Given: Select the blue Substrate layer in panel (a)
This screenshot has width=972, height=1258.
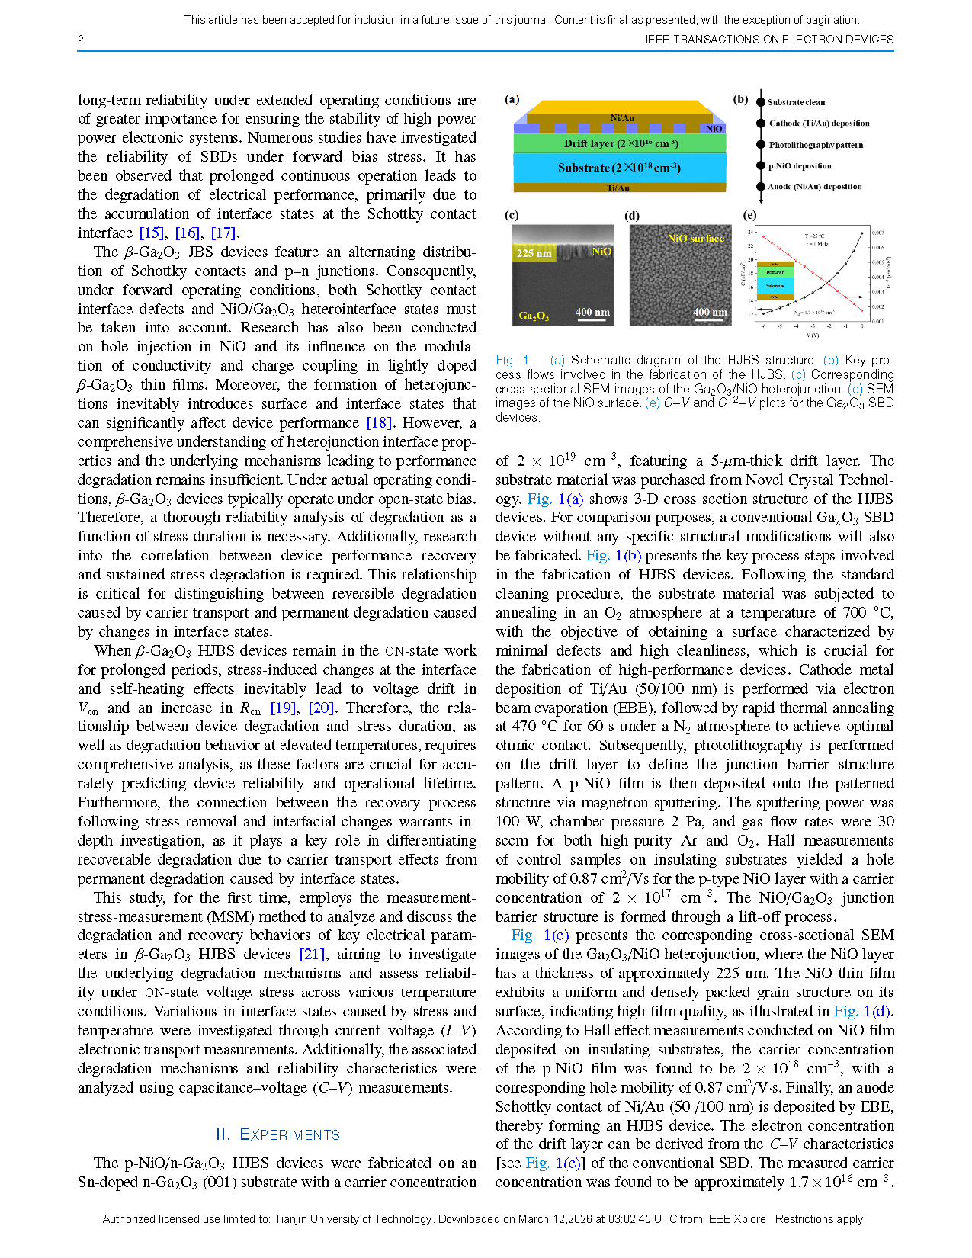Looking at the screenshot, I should (619, 168).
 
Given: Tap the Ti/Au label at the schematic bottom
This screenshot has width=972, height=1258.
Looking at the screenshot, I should (618, 188).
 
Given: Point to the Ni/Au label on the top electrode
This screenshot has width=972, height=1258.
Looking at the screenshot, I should (622, 118).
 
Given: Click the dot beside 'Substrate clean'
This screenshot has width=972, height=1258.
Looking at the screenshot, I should (760, 102).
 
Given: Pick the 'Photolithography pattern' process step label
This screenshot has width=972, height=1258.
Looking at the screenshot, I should (816, 145).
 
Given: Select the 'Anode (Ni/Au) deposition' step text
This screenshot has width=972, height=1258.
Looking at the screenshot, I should (815, 187).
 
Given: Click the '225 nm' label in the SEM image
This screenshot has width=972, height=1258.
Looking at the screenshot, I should (534, 253).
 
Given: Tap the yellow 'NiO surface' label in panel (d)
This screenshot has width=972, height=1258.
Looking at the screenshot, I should (695, 239).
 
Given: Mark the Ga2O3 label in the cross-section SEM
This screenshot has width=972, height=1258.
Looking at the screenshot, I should (534, 316).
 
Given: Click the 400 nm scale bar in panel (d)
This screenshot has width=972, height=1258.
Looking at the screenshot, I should (710, 313).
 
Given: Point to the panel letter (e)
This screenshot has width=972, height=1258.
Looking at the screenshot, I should (749, 216).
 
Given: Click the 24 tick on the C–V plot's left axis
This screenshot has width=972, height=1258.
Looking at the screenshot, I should (750, 232).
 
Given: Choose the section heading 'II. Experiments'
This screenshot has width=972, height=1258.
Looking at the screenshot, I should (277, 1134).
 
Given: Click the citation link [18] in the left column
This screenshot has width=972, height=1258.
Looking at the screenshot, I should (379, 423).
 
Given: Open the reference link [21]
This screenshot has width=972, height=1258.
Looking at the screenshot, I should (312, 955).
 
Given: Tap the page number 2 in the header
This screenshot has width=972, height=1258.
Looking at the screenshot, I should (81, 40).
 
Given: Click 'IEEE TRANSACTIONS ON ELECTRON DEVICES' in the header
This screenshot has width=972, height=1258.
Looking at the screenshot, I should (769, 40).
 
